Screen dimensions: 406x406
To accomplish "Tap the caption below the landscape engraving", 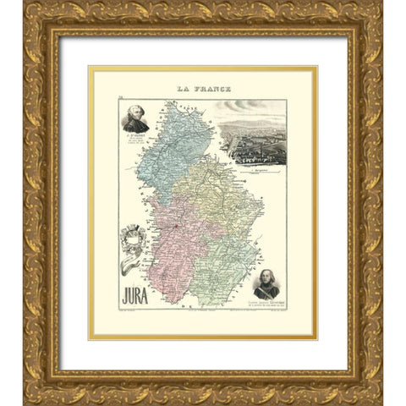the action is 253,169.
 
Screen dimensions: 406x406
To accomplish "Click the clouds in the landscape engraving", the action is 254,108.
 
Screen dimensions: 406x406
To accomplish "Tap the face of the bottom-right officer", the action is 266,276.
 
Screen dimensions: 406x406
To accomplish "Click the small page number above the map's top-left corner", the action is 122,98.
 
